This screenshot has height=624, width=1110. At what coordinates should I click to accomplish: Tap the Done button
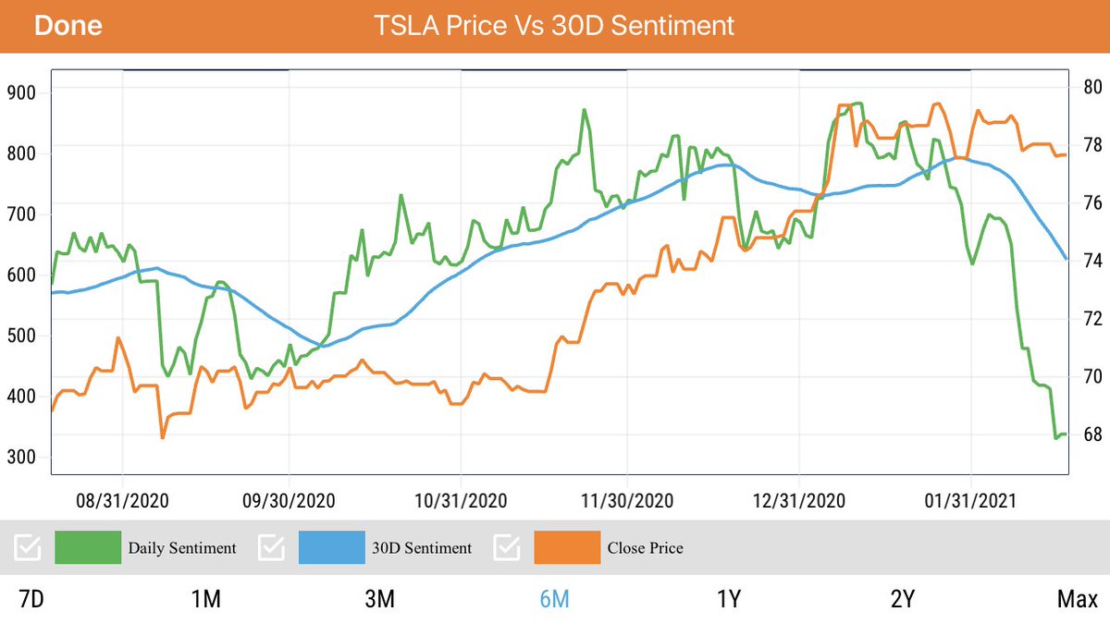tap(68, 25)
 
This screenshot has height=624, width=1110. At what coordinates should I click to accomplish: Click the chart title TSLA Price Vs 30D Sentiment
tap(554, 25)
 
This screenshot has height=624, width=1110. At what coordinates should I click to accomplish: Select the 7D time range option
tap(31, 600)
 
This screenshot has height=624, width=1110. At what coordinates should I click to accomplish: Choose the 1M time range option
tap(205, 600)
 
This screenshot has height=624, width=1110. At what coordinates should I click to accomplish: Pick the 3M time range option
tap(379, 600)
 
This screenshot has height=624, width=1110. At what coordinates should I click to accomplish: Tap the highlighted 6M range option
tap(554, 600)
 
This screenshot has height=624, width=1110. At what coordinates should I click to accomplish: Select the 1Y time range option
tap(729, 600)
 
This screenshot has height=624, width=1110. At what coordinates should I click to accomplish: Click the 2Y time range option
tap(903, 600)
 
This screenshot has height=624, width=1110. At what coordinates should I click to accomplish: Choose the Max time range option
tap(1077, 600)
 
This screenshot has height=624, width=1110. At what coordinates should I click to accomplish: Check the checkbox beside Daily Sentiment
tap(28, 548)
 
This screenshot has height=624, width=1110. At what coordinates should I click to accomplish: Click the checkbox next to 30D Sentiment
tap(271, 548)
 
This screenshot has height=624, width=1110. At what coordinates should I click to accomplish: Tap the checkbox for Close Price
tap(507, 548)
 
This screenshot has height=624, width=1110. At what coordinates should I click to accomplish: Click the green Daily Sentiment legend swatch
tap(88, 548)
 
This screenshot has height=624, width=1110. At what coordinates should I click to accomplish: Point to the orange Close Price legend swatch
tap(567, 548)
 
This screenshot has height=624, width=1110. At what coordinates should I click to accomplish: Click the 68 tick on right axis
tap(1092, 434)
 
